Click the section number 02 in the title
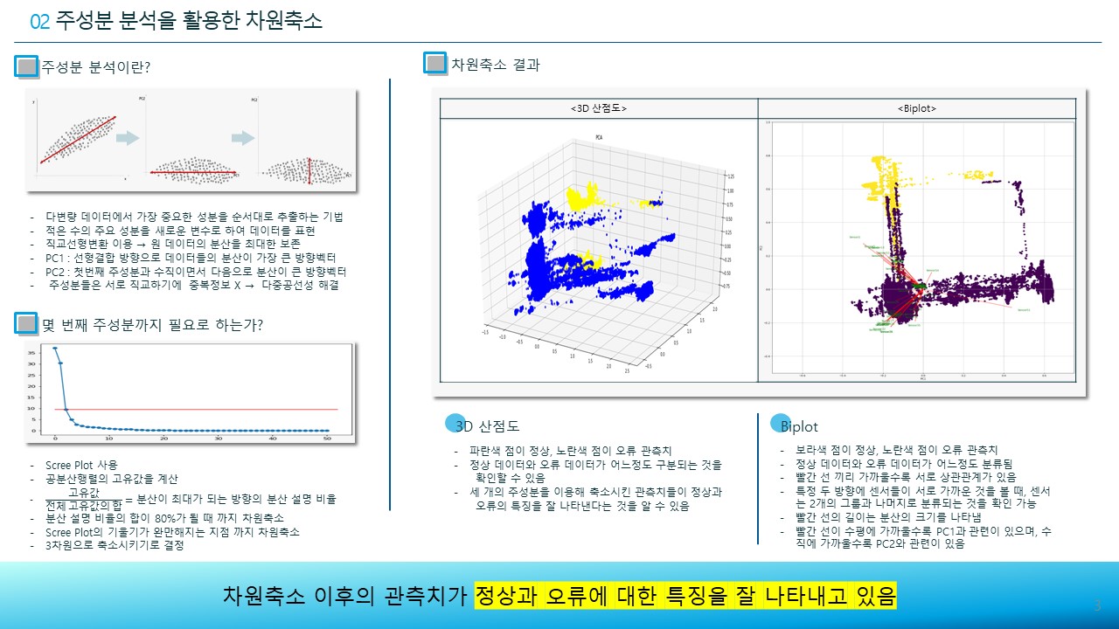(40, 21)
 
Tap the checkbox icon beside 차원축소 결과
(434, 63)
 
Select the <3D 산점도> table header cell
(598, 108)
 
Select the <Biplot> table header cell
(916, 108)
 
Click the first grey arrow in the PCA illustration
(128, 137)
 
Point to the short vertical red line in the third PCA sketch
(310, 172)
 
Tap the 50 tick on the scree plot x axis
(327, 439)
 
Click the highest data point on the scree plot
(54, 349)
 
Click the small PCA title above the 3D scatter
(599, 137)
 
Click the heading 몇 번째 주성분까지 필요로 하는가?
(152, 325)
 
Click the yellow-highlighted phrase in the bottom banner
(685, 597)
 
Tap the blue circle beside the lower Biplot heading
(778, 424)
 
